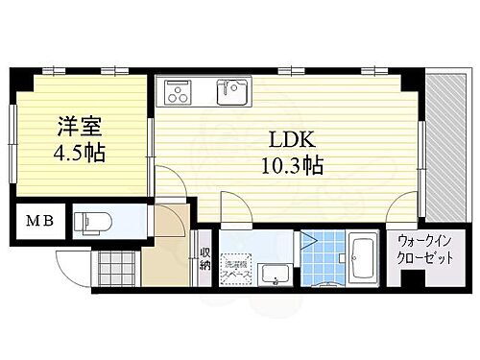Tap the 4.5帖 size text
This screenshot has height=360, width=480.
(80, 152)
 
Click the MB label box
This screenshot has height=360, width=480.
(38, 223)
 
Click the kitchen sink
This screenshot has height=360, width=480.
(230, 93)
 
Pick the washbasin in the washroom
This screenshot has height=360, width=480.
(276, 276)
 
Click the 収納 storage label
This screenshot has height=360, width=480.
(205, 258)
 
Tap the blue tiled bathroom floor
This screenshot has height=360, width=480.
(324, 258)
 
